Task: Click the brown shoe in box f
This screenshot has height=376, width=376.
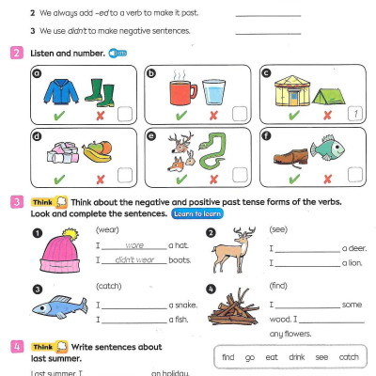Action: (x=291, y=152)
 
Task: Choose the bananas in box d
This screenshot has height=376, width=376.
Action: (x=97, y=151)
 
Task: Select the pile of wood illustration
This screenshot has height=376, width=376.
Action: (x=232, y=310)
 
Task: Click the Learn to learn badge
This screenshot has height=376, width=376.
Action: (x=196, y=214)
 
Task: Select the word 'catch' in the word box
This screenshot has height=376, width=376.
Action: (x=349, y=357)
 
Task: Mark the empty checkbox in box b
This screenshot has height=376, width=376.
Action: (x=240, y=114)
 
